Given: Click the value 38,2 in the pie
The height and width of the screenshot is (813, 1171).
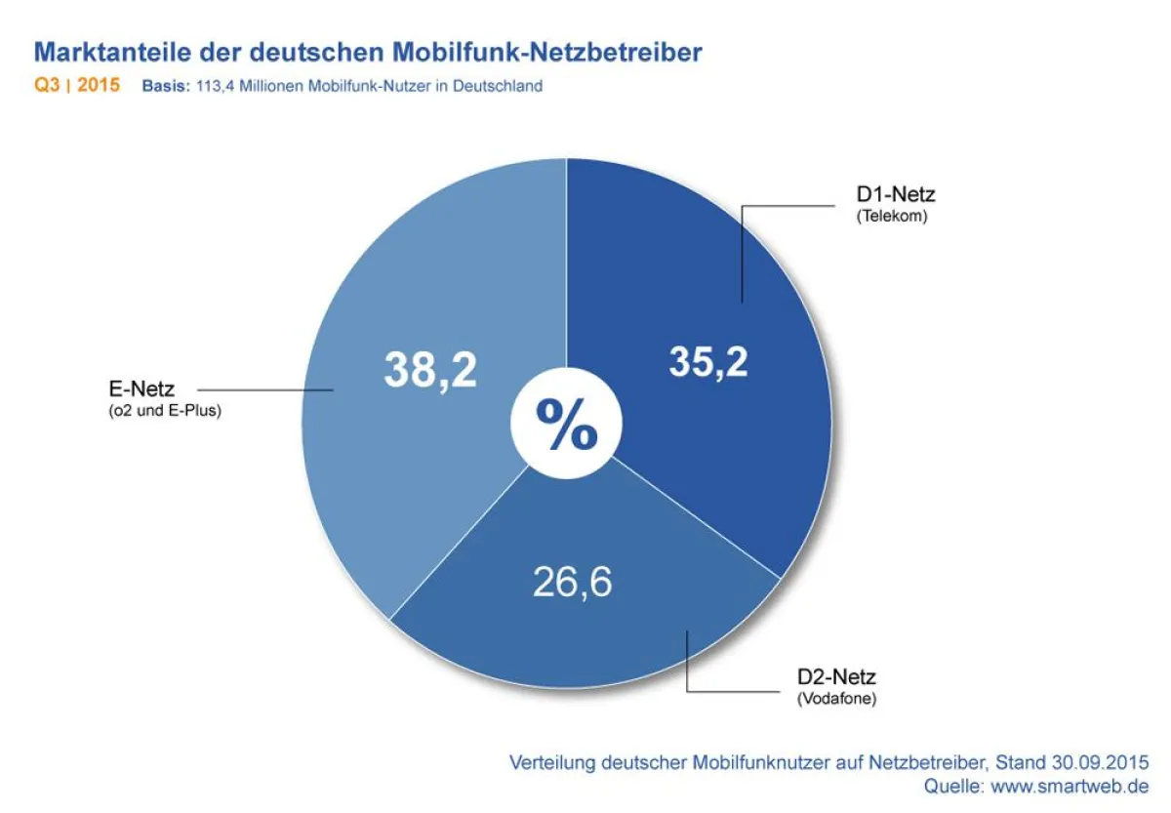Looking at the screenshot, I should click(429, 370).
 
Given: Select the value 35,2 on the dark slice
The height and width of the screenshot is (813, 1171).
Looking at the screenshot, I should click(708, 361).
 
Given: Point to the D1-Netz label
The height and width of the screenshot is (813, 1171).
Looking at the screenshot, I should click(896, 196).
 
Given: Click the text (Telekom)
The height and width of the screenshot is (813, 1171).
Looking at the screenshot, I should click(892, 217).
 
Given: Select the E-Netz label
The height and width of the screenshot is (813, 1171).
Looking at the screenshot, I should click(143, 390).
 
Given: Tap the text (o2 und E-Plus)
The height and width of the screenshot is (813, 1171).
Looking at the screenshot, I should click(166, 411).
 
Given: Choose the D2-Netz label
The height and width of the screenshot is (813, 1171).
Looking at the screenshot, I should click(836, 677).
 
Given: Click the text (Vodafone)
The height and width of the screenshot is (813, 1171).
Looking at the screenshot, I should click(836, 699).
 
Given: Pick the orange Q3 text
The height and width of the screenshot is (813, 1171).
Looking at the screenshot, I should click(49, 86).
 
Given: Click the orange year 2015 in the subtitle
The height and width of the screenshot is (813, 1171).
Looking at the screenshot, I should click(99, 86).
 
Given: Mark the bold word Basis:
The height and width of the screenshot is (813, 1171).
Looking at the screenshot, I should click(165, 87).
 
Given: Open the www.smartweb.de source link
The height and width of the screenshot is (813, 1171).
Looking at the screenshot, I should click(1070, 786).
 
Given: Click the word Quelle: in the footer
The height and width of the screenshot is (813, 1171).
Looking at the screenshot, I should click(954, 786).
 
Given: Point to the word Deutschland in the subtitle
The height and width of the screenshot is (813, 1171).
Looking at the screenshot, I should click(496, 87).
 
